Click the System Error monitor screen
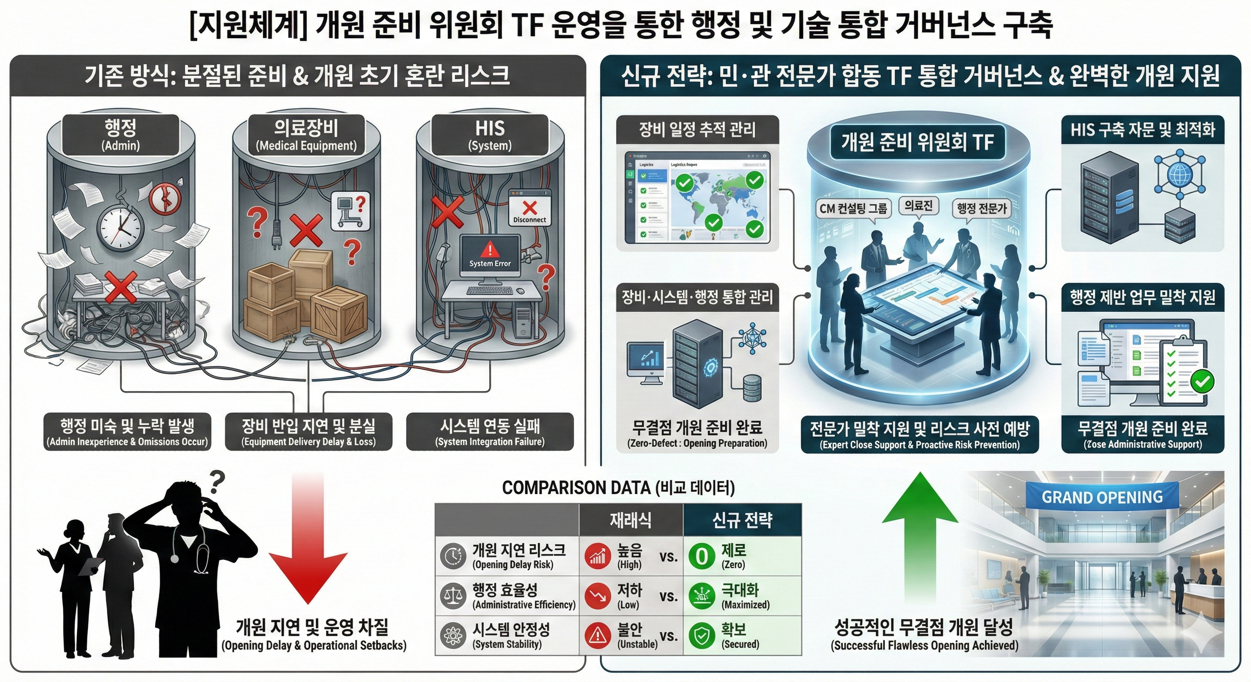(x=490, y=255)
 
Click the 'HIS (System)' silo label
(x=490, y=135)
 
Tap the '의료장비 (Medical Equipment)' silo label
(x=306, y=135)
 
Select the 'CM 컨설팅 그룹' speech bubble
(x=853, y=209)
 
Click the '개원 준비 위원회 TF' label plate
(x=917, y=142)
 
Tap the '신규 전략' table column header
(x=741, y=520)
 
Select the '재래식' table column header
(x=630, y=520)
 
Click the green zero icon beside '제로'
(x=702, y=556)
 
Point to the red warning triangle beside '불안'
(x=598, y=635)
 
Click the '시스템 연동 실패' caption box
(x=490, y=432)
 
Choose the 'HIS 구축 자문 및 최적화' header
(x=1142, y=130)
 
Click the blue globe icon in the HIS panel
(x=1179, y=173)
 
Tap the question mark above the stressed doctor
(x=217, y=482)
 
